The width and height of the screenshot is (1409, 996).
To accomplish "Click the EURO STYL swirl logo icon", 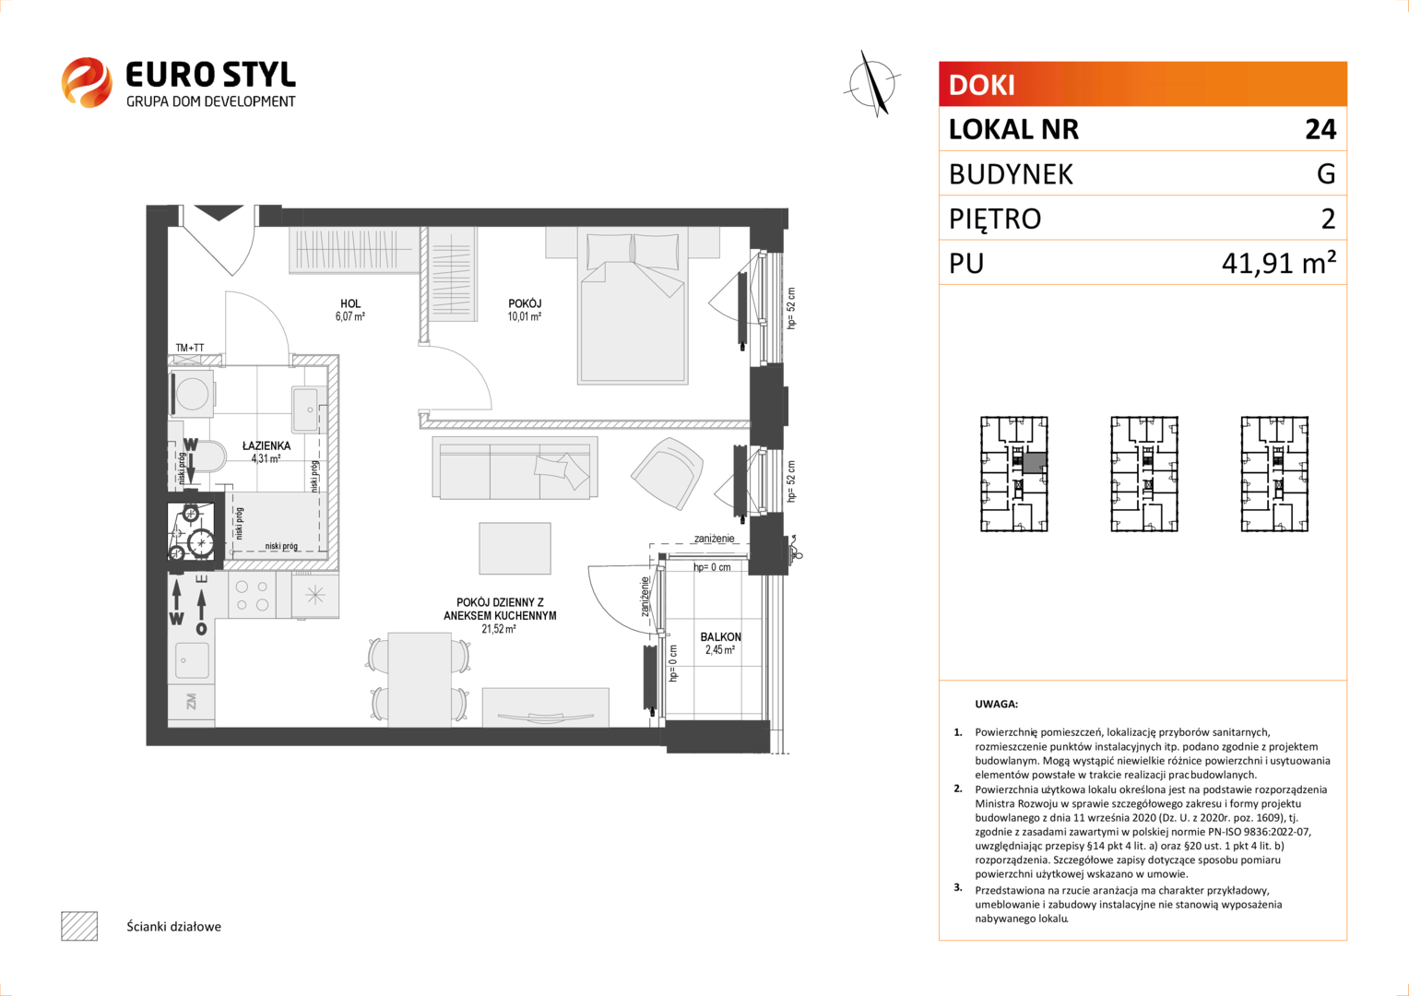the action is tap(87, 82).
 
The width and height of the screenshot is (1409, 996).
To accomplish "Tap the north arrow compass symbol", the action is tap(871, 84).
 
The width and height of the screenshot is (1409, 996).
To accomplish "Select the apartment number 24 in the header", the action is tap(1320, 129).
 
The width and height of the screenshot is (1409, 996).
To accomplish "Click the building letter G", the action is tap(1326, 173).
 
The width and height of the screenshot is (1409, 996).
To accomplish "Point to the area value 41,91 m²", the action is tap(1279, 262).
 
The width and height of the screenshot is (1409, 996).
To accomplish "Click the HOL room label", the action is tap(350, 304).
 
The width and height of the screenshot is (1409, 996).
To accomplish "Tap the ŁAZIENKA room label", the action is tap(266, 445).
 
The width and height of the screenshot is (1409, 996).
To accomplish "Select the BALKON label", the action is tap(721, 636).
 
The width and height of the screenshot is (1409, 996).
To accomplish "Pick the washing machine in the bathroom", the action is tap(192, 394).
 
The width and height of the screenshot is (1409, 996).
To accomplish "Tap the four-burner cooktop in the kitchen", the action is tap(252, 596).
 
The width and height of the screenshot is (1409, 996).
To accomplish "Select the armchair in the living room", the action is tap(668, 473).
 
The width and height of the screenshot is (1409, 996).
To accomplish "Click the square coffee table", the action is tap(515, 548).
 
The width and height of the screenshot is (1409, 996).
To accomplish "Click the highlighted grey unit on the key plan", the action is tap(1034, 463).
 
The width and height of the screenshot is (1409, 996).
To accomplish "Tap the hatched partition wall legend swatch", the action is tap(79, 926).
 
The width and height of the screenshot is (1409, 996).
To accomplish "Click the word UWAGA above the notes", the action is tap(997, 704).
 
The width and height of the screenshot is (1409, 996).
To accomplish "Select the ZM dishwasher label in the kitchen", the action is tap(192, 701).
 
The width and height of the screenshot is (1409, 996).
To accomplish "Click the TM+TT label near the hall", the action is tap(190, 348).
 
